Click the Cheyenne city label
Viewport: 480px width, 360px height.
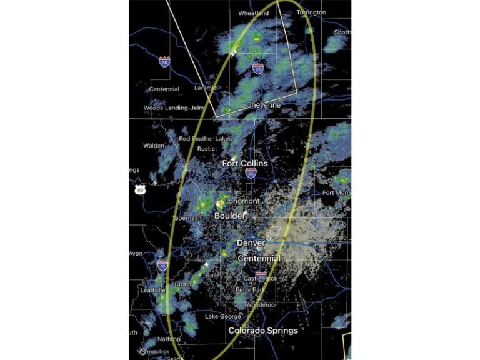pos(263,105)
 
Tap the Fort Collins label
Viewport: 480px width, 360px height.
pos(245,163)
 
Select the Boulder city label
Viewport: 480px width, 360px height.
pos(231,216)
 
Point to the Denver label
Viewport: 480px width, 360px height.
pos(251,242)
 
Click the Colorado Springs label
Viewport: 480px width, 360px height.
pos(263,330)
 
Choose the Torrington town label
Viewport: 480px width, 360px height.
pos(311,12)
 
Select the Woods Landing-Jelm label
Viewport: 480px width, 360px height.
pos(169,107)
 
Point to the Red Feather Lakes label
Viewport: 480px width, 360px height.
pos(205,138)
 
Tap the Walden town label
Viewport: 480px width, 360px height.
pos(154,145)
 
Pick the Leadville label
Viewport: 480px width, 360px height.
pos(152,291)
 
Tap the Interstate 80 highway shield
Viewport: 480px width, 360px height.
pos(164,62)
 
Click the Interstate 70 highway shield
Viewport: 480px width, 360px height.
pos(162,265)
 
